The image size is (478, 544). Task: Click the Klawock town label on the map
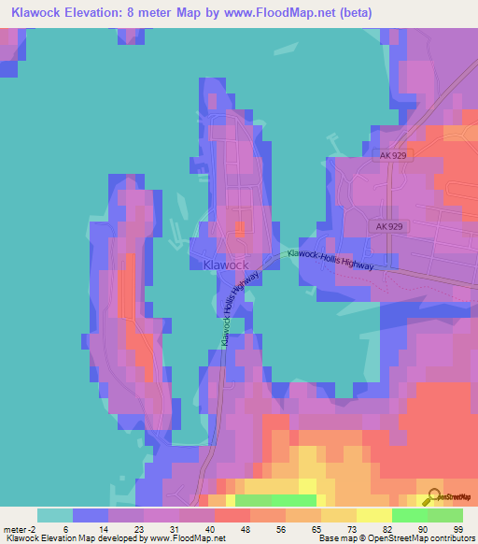tap(226, 265)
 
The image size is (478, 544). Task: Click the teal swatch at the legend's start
tap(55, 515)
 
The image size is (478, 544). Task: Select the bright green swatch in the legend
tap(410, 515)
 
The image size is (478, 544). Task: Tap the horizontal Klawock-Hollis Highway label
tap(330, 260)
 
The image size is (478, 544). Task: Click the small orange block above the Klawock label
tap(240, 227)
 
